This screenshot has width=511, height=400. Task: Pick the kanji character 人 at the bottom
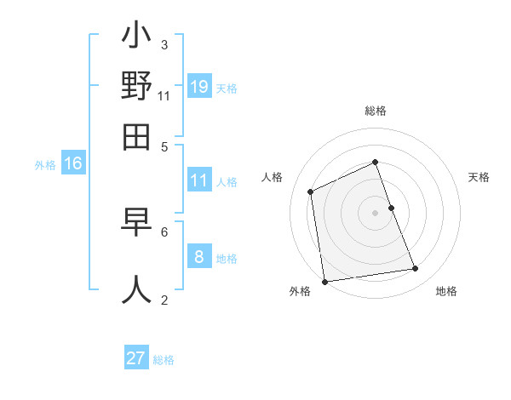coord(136,288)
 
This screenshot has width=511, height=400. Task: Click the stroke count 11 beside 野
coord(164,96)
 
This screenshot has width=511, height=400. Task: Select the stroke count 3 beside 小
coord(164,44)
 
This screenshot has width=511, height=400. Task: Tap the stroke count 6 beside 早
coord(164,231)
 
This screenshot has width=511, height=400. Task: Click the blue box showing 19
coord(199,86)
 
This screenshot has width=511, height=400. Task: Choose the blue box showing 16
coord(73,164)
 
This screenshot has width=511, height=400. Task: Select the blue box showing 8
coord(199,256)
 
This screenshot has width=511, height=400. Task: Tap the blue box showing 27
coord(136,358)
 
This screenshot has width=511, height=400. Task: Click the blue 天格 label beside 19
coord(227,89)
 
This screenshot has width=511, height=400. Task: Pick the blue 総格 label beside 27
coord(164,360)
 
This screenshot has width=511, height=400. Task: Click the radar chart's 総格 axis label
coord(376,111)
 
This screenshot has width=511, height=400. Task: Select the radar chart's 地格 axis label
coord(446,292)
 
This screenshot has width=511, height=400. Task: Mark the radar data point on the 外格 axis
coord(324,282)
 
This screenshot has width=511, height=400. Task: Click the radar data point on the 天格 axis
coord(391,208)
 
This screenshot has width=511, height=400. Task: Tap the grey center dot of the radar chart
coord(376,213)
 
